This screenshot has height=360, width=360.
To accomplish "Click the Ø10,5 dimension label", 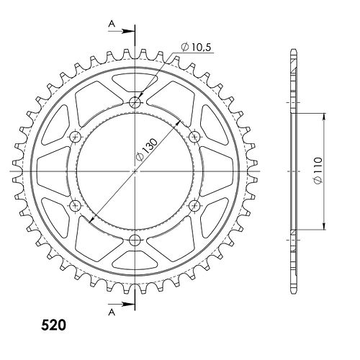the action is (197, 47).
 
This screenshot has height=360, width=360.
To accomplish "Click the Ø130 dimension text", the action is (147, 149).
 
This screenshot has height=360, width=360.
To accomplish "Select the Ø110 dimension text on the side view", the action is (318, 171).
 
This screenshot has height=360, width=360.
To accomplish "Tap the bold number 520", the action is (53, 325).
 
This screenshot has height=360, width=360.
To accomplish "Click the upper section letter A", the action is (112, 24).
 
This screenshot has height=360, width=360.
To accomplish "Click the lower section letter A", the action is (112, 312).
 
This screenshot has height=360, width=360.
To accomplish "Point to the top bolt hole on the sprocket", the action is (135, 103).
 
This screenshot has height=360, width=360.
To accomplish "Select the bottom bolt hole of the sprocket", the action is (135, 240).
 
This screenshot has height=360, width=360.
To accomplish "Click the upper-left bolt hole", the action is (76, 137).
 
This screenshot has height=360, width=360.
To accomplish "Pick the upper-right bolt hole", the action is (194, 137).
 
